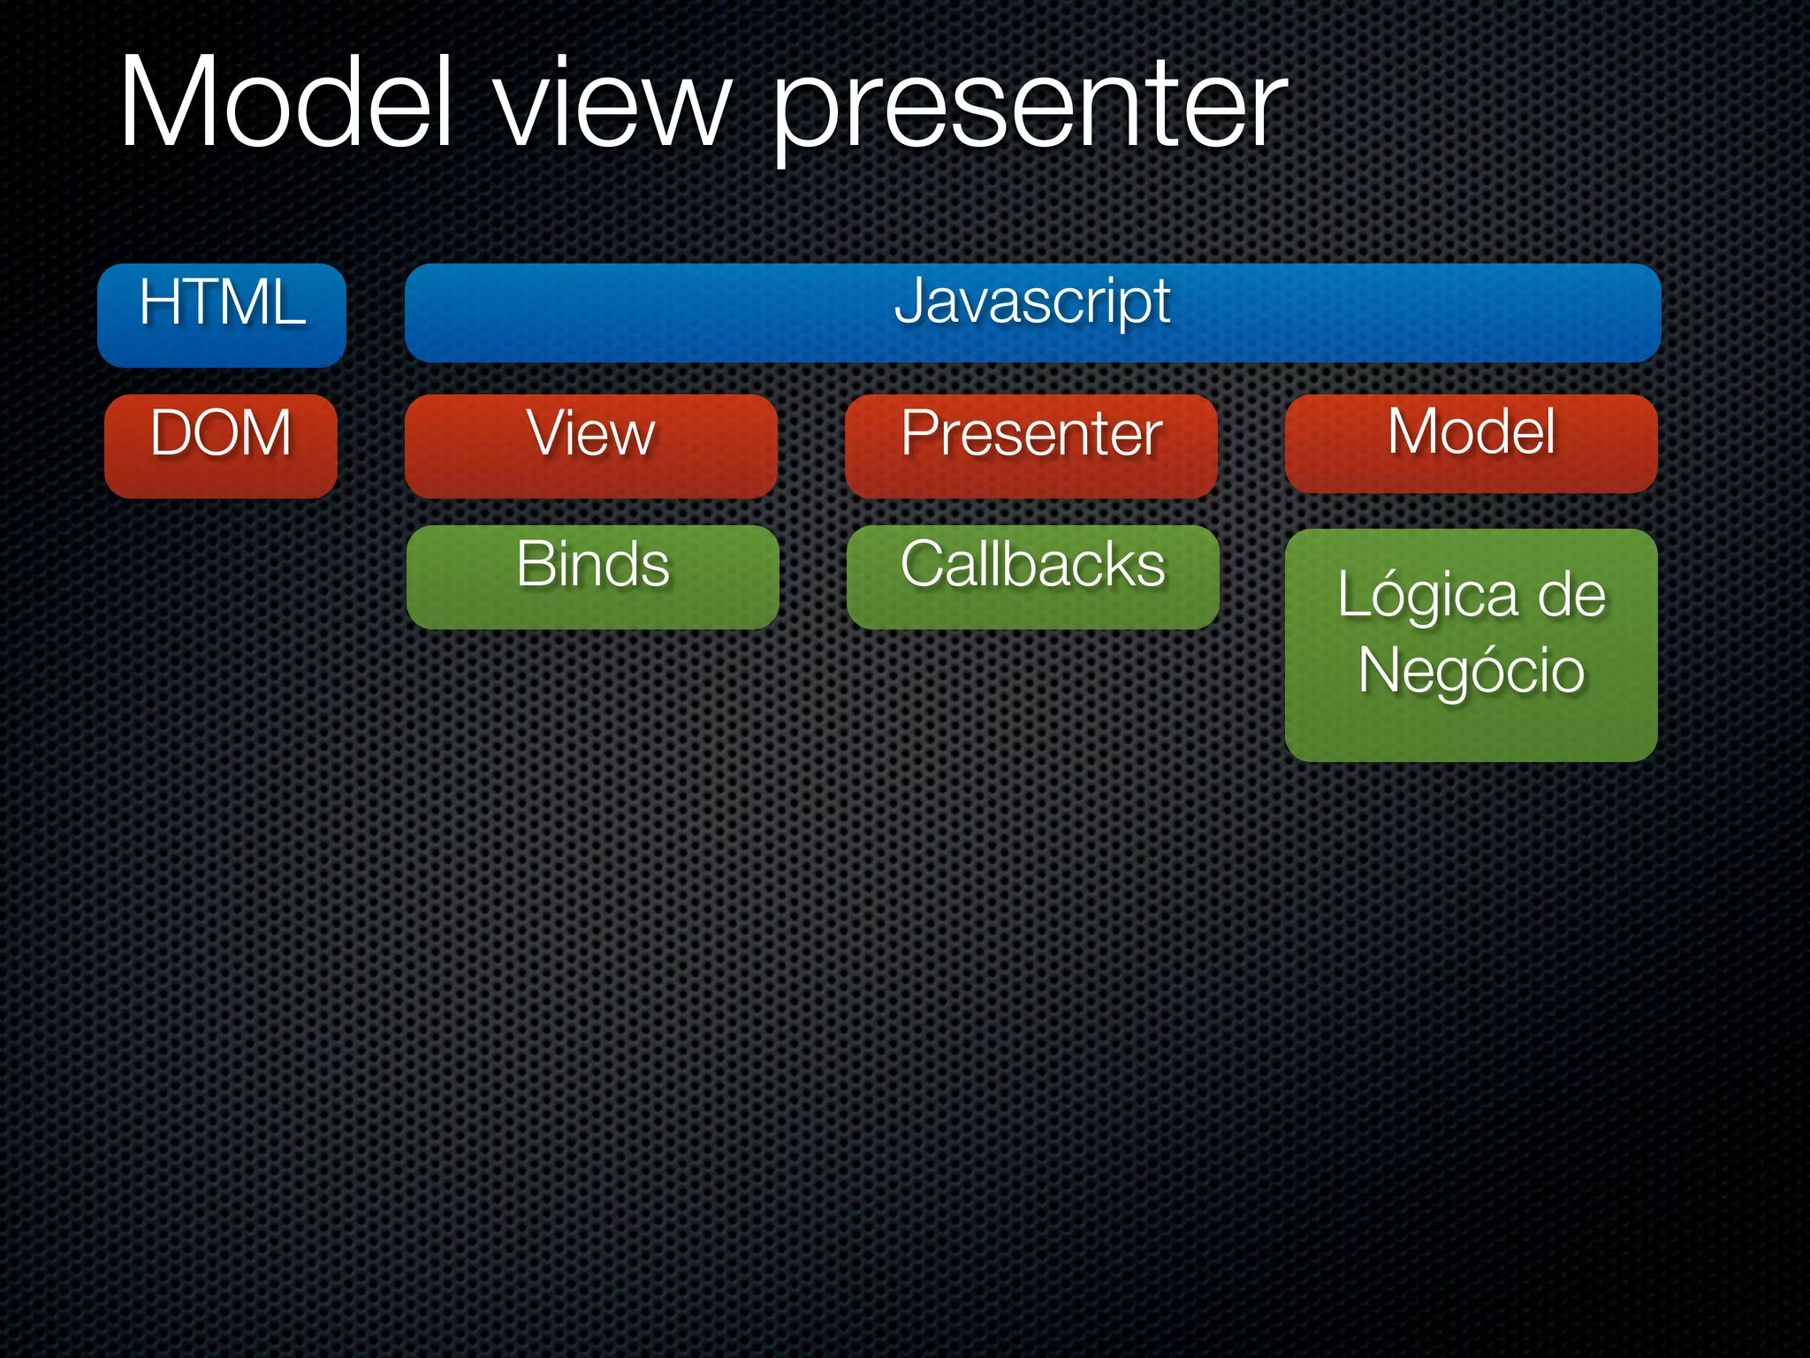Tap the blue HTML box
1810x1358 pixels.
pos(221,315)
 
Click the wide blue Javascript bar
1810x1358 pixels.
pos(1032,313)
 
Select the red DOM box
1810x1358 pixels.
pos(221,446)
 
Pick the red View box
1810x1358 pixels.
pos(590,446)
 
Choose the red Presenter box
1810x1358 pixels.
pos(1030,446)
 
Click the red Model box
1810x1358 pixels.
pos(1471,443)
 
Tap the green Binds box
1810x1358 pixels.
pos(592,576)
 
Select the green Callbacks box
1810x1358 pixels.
pos(1032,576)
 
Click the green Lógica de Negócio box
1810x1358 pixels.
pos(1471,645)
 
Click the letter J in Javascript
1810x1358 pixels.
pos(910,301)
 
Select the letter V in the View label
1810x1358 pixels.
pos(546,432)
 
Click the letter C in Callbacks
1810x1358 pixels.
pos(924,564)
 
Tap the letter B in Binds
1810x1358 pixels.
pos(538,564)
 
